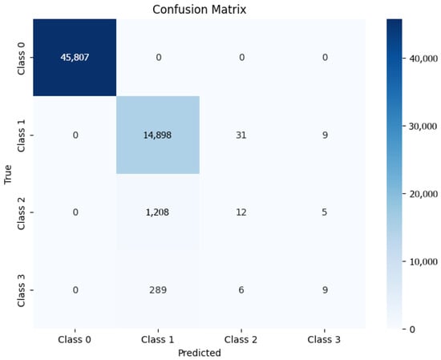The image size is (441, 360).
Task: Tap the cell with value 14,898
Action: pyautogui.click(x=158, y=134)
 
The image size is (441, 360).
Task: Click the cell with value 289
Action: pyautogui.click(x=158, y=290)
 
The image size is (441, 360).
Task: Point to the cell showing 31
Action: pyautogui.click(x=240, y=134)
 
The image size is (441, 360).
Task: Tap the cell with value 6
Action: pyautogui.click(x=240, y=290)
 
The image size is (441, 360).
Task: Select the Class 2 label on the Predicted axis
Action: pyautogui.click(x=239, y=339)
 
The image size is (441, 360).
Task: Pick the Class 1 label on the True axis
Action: pyautogui.click(x=25, y=134)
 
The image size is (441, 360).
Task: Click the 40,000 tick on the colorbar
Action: pyautogui.click(x=420, y=59)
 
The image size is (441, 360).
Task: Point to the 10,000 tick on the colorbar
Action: pyautogui.click(x=420, y=261)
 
